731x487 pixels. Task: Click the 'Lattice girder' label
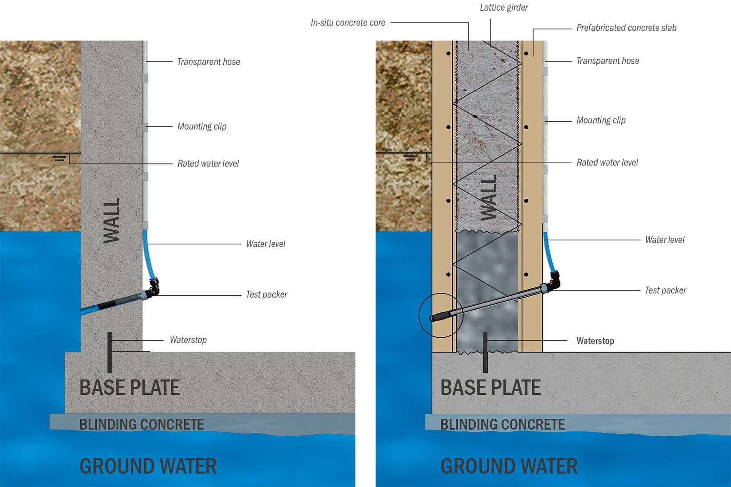[504, 8]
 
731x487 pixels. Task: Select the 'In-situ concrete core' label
[348, 23]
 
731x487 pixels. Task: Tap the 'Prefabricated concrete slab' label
[626, 28]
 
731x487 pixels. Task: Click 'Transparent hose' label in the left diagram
[209, 62]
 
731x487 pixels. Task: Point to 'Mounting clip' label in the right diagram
[601, 120]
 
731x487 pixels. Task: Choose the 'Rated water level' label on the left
[208, 164]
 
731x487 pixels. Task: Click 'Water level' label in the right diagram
[665, 240]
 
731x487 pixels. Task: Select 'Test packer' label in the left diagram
[267, 295]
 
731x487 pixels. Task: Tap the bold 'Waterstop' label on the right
[595, 341]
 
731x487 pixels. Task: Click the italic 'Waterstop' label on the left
[188, 340]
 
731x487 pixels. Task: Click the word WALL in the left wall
[112, 221]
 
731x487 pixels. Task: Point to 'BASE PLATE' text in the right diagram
[490, 388]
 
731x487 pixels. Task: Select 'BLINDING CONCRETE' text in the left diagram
[141, 425]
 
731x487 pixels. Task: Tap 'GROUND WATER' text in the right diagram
[509, 467]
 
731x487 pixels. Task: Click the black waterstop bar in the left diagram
[110, 352]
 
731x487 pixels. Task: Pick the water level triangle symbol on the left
[59, 158]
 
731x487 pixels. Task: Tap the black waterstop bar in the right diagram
[485, 352]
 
